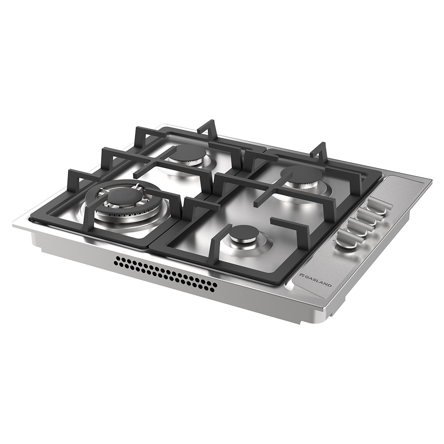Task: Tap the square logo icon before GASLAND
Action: point(301,276)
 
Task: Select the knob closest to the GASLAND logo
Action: point(345,240)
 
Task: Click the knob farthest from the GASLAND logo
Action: point(377,205)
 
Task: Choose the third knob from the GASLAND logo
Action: point(367,216)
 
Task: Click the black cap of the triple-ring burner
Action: point(123,196)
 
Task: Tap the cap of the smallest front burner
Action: point(244,234)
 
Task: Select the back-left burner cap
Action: point(190,152)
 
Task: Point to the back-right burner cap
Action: point(301,173)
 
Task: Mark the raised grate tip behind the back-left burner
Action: point(207,126)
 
